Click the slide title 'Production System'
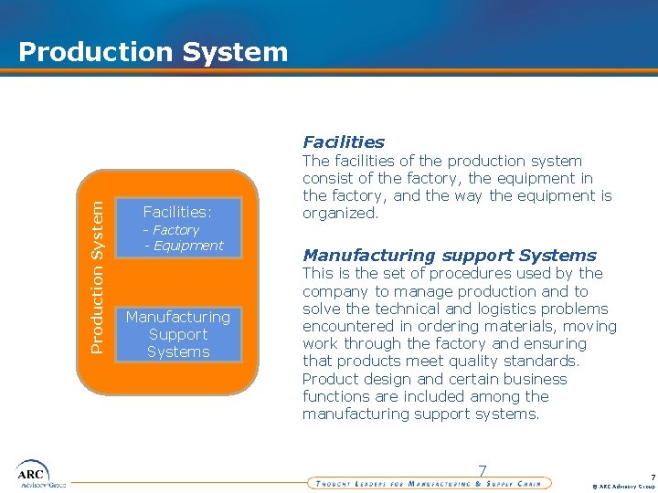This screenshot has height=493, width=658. pos(153,51)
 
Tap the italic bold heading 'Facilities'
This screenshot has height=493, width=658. pos(344,142)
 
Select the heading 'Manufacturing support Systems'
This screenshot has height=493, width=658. pos(450,256)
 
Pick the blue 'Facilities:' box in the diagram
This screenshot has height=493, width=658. pos(178,226)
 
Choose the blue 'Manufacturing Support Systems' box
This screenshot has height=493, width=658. pos(178,334)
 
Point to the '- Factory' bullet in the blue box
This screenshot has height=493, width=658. pos(172,230)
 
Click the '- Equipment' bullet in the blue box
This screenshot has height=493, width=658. pos(184,245)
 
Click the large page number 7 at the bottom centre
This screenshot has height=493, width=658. pos(483,471)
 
